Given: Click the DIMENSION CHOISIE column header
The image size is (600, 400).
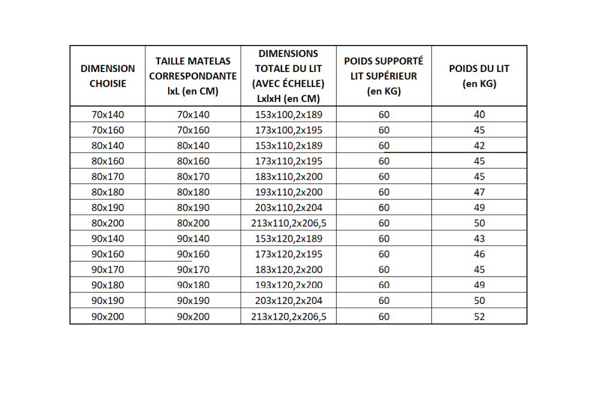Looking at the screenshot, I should click(108, 76).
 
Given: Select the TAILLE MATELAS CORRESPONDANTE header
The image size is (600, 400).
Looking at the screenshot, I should click(193, 76).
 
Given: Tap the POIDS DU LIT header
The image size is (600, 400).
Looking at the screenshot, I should click(479, 76).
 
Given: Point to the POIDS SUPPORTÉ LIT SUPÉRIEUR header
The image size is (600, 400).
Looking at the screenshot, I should click(383, 76).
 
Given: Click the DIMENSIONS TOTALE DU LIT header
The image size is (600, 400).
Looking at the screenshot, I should click(288, 76).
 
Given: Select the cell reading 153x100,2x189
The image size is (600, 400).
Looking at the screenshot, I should click(288, 115).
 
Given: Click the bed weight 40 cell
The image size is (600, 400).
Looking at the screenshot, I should click(479, 115).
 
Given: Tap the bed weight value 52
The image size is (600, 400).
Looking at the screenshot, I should click(479, 316).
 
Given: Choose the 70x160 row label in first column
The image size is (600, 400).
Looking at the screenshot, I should click(108, 130).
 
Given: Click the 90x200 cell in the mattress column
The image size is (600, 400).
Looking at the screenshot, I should click(193, 316).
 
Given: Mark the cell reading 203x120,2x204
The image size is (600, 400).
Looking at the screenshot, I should click(288, 300).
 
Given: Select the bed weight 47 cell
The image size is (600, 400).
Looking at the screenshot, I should click(479, 192).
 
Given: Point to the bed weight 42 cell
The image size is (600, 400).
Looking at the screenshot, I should click(479, 146).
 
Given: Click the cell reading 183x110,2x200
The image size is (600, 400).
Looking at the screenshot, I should click(288, 176).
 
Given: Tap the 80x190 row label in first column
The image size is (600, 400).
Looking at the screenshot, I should click(108, 207).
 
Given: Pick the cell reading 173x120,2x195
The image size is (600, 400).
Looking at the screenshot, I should click(288, 254).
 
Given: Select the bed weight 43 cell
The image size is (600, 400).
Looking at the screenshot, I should click(479, 239).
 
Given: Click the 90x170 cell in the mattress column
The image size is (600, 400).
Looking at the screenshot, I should click(193, 269).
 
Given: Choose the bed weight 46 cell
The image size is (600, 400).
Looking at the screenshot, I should click(479, 254).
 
